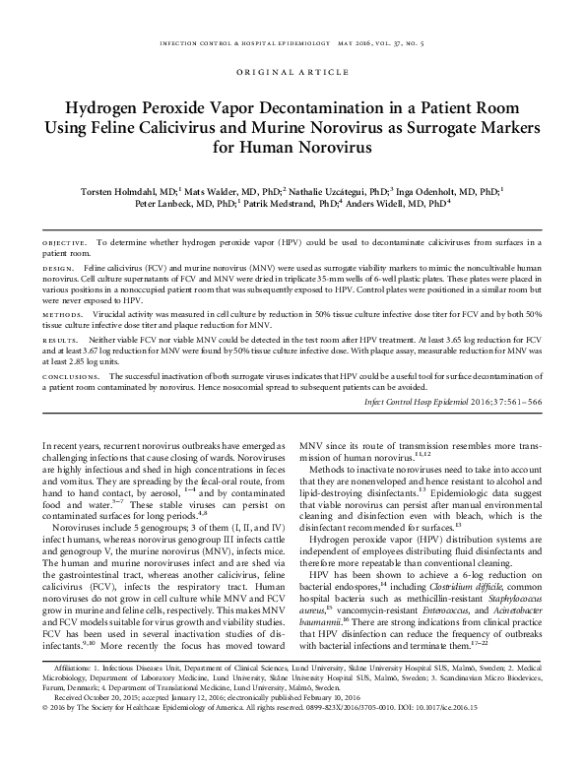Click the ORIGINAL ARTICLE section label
pyautogui.click(x=292, y=72)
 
